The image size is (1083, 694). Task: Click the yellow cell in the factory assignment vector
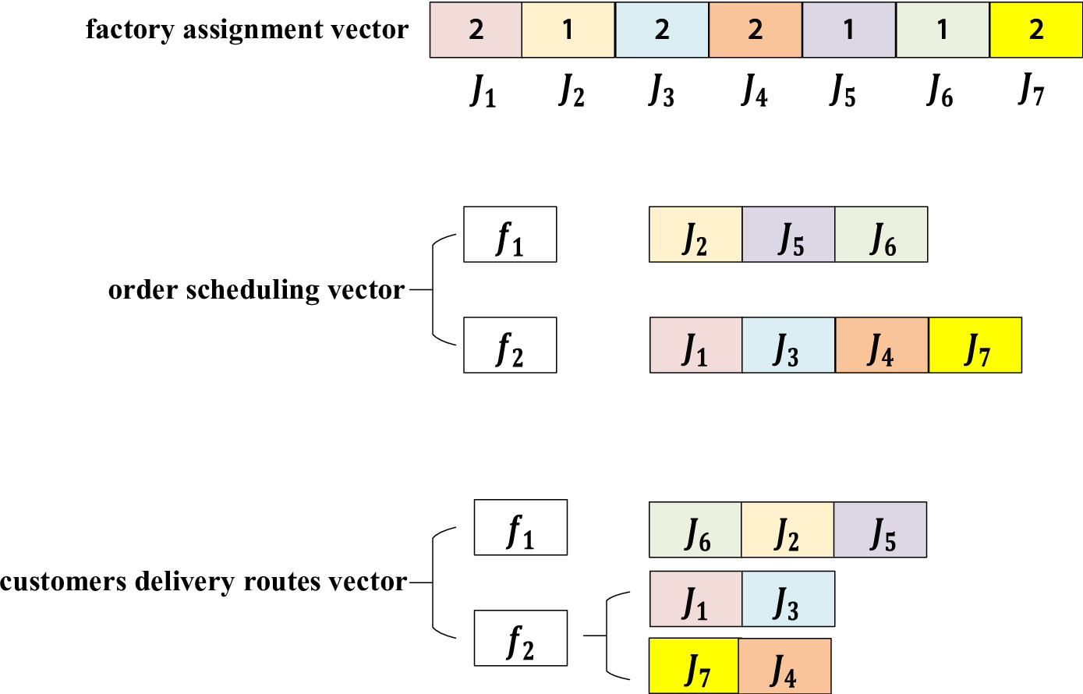click(x=1035, y=30)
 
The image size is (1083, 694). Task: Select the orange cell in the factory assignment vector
click(x=755, y=30)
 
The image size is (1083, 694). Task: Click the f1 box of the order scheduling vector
click(x=510, y=235)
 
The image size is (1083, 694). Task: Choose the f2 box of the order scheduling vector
click(x=510, y=345)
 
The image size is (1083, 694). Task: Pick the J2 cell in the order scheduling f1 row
click(x=695, y=235)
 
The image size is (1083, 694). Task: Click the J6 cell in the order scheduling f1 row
click(x=881, y=235)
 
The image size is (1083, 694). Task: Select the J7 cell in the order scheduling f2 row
click(x=975, y=345)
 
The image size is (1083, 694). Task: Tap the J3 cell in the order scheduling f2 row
click(x=788, y=345)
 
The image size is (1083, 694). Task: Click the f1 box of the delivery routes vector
click(x=520, y=528)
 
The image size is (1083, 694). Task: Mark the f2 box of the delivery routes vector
click(x=520, y=639)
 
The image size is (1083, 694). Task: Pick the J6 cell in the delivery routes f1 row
click(x=695, y=530)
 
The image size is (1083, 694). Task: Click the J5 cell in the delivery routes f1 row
click(x=880, y=530)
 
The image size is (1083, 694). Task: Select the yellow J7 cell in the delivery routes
click(x=694, y=666)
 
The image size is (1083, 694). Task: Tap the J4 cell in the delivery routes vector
click(x=784, y=666)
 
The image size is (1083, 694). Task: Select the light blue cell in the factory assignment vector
click(x=662, y=30)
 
